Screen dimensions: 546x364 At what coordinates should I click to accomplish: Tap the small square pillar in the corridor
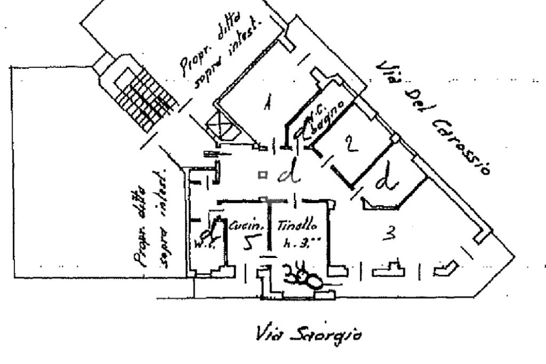[x=262, y=174]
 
